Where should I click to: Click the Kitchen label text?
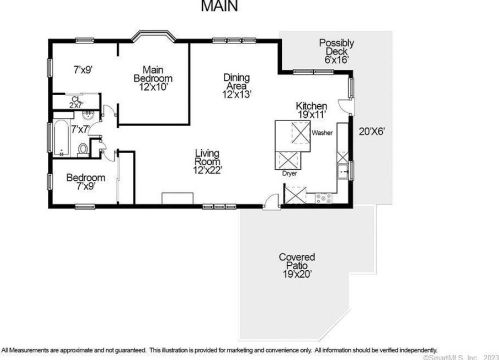pyautogui.click(x=311, y=111)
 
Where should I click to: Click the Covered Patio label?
pyautogui.click(x=296, y=264)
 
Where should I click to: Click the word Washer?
pyautogui.click(x=322, y=132)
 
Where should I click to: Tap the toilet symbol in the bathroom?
pyautogui.click(x=82, y=150)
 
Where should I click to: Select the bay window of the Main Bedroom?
pyautogui.click(x=155, y=37)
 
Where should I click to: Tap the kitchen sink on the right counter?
pyautogui.click(x=343, y=171)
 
